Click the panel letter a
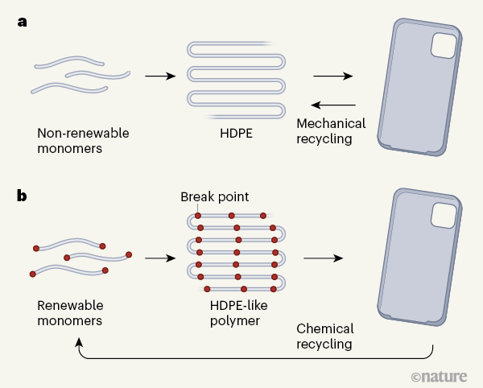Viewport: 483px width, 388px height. [x=23, y=22]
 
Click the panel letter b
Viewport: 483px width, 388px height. [x=23, y=196]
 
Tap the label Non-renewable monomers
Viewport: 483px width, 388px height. [x=83, y=140]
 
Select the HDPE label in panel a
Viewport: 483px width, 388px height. [x=237, y=132]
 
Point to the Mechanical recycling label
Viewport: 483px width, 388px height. [x=331, y=131]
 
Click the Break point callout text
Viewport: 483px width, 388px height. [x=215, y=197]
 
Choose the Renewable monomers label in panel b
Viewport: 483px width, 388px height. [x=72, y=313]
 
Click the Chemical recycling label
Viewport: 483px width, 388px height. [x=324, y=336]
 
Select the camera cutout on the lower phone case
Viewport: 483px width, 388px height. [x=443, y=214]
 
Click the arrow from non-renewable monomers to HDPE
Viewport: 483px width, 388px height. [x=159, y=76]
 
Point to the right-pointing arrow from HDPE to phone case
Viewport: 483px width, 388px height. [x=332, y=76]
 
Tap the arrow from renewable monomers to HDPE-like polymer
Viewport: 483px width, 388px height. [x=159, y=258]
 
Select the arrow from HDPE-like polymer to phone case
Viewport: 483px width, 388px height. [x=322, y=258]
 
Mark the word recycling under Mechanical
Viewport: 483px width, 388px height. [x=325, y=139]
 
